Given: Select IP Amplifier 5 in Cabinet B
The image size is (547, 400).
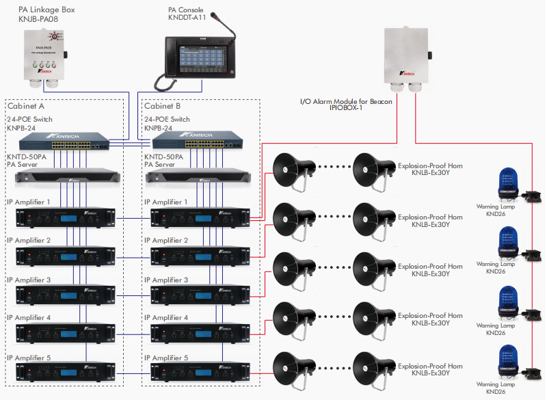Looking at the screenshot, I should coord(199,373).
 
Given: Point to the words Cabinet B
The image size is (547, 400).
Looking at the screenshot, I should coord(163,106).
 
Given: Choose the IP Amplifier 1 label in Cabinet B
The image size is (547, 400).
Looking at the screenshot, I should coord(165,202).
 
